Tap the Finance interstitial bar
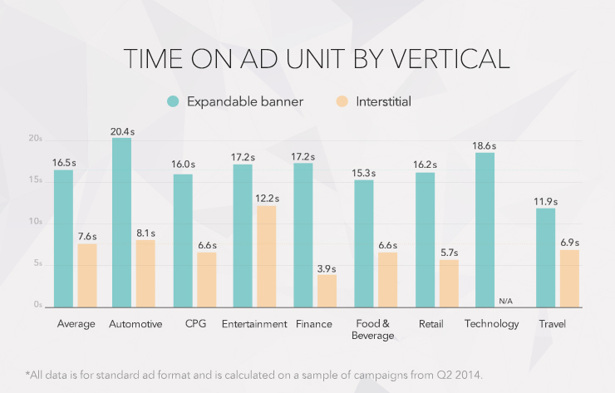[x=327, y=290]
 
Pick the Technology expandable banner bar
[x=485, y=229]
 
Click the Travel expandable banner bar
[x=545, y=257]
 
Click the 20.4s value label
[x=122, y=131]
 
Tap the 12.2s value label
[x=267, y=199]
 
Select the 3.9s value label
[x=327, y=268]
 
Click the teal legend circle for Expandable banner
[x=173, y=101]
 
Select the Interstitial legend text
[x=384, y=101]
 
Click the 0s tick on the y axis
[x=38, y=305]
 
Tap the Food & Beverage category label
[x=376, y=329]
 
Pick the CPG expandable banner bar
[x=183, y=240]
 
